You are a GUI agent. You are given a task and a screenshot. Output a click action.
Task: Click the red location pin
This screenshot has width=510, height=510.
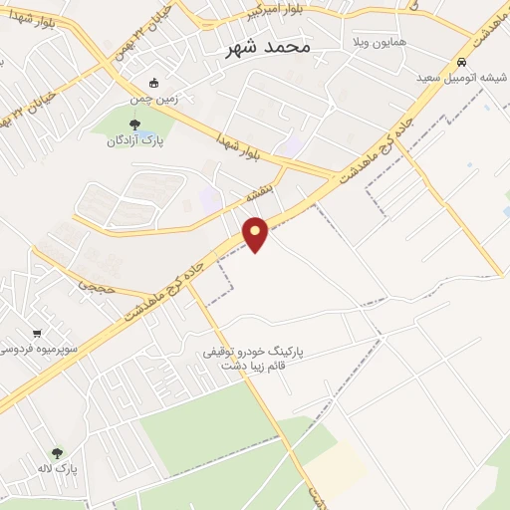(256, 234)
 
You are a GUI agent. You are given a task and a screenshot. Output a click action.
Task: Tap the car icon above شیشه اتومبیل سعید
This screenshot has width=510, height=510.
(460, 61)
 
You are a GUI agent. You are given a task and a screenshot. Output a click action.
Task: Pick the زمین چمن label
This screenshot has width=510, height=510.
(150, 100)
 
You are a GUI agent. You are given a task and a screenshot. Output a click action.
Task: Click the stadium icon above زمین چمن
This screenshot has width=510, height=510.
(152, 83)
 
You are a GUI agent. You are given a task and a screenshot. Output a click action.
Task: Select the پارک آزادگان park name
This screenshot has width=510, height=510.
(135, 141)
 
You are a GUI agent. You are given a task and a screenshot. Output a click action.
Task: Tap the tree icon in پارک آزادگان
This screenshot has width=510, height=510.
(134, 125)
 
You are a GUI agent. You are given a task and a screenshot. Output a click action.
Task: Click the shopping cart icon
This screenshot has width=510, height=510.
(37, 333)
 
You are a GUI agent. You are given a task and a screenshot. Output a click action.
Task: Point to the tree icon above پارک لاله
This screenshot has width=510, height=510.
(57, 453)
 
